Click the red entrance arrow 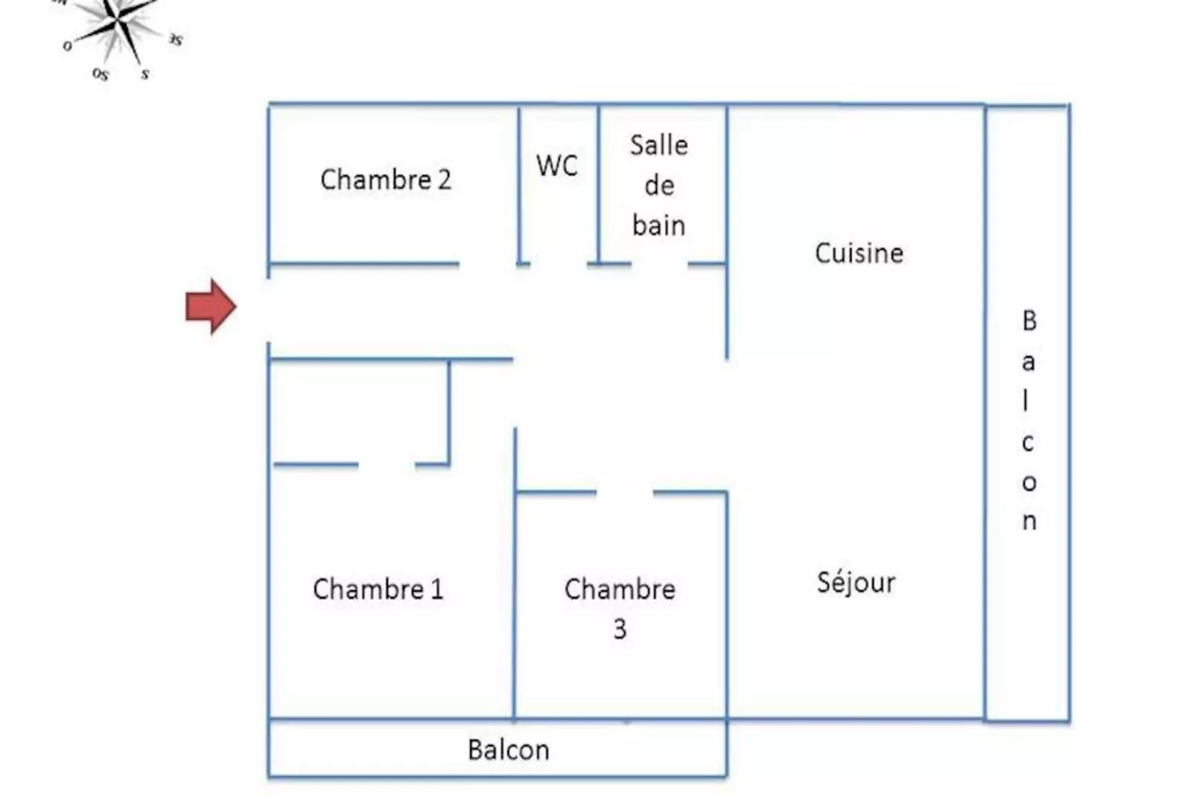[x=211, y=306]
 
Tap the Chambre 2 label [x=386, y=180]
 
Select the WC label [x=557, y=165]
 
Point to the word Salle [x=658, y=145]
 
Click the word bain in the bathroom [x=658, y=225]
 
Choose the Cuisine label [x=859, y=253]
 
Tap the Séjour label [x=856, y=582]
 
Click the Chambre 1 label [x=378, y=589]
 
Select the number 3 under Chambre [x=620, y=629]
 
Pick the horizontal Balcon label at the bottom [x=509, y=749]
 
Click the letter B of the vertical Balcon [x=1029, y=321]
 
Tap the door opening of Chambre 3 [x=625, y=492]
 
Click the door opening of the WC [x=559, y=264]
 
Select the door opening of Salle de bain [x=659, y=264]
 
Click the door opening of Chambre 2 [x=488, y=264]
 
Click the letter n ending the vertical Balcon [x=1029, y=521]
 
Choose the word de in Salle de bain [x=659, y=185]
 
